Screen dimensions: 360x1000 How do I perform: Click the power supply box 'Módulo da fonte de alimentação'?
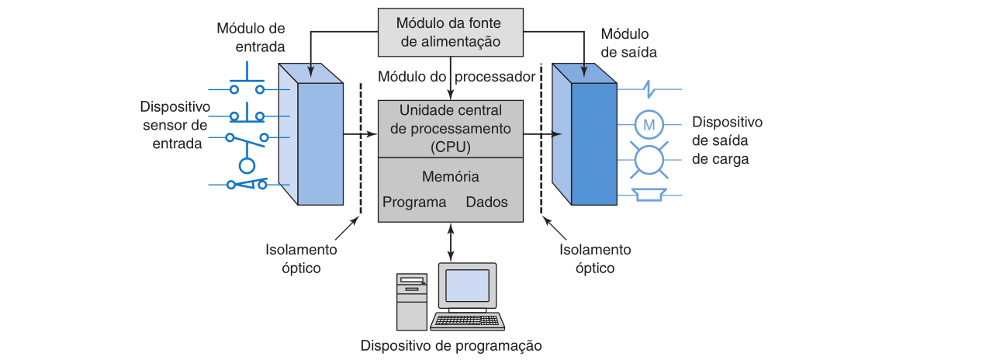[451, 33]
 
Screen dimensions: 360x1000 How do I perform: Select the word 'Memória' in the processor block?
[450, 177]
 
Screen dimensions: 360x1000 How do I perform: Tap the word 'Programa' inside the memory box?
[414, 202]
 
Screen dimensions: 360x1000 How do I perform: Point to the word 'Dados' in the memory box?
[486, 202]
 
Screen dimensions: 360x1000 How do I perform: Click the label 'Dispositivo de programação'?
[451, 345]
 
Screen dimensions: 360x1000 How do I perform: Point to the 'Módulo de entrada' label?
[251, 37]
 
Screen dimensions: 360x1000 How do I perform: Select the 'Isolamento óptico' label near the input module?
[301, 259]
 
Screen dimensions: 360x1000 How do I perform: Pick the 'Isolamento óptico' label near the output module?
[595, 259]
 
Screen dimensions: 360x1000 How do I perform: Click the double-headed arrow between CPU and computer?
[451, 242]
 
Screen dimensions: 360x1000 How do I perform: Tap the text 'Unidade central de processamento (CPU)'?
[450, 127]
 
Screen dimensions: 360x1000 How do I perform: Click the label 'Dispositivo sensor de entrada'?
[175, 124]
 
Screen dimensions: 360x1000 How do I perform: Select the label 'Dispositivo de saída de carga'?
[727, 140]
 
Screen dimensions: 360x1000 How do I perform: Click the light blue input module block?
[319, 140]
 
